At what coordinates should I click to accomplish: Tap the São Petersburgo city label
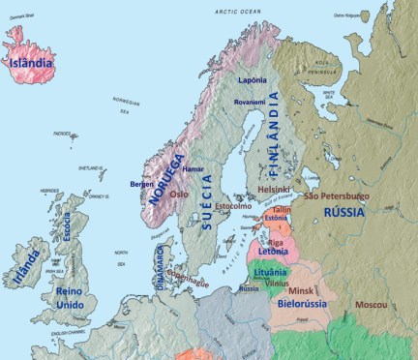336,195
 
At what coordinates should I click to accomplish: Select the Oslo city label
180,194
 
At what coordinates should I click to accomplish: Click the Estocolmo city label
232,206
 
